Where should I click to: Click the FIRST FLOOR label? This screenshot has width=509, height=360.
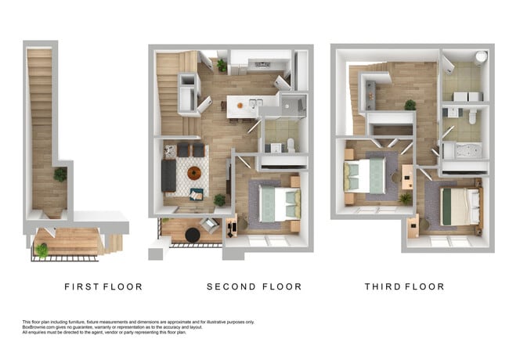click(x=103, y=287)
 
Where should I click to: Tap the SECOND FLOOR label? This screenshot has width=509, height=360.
click(x=254, y=287)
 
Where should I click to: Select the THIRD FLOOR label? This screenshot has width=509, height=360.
click(x=404, y=287)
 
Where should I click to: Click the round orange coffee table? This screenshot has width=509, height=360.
click(x=194, y=173)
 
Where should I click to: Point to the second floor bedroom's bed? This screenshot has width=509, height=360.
click(x=279, y=203)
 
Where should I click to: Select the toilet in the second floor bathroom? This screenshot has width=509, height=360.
click(x=291, y=144)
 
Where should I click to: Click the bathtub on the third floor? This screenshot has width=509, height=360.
click(x=463, y=150)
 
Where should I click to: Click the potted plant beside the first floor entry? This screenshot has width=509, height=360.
click(x=42, y=250)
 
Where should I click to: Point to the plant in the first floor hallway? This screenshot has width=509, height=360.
click(x=60, y=174)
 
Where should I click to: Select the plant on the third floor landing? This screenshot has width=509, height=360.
click(x=410, y=104)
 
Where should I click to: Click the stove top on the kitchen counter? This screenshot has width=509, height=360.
click(x=260, y=65)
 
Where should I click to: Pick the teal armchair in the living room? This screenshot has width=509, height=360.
click(x=197, y=193)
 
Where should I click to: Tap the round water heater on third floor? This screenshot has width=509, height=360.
click(x=480, y=57)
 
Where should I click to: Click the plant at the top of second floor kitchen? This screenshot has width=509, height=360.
click(x=222, y=65)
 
